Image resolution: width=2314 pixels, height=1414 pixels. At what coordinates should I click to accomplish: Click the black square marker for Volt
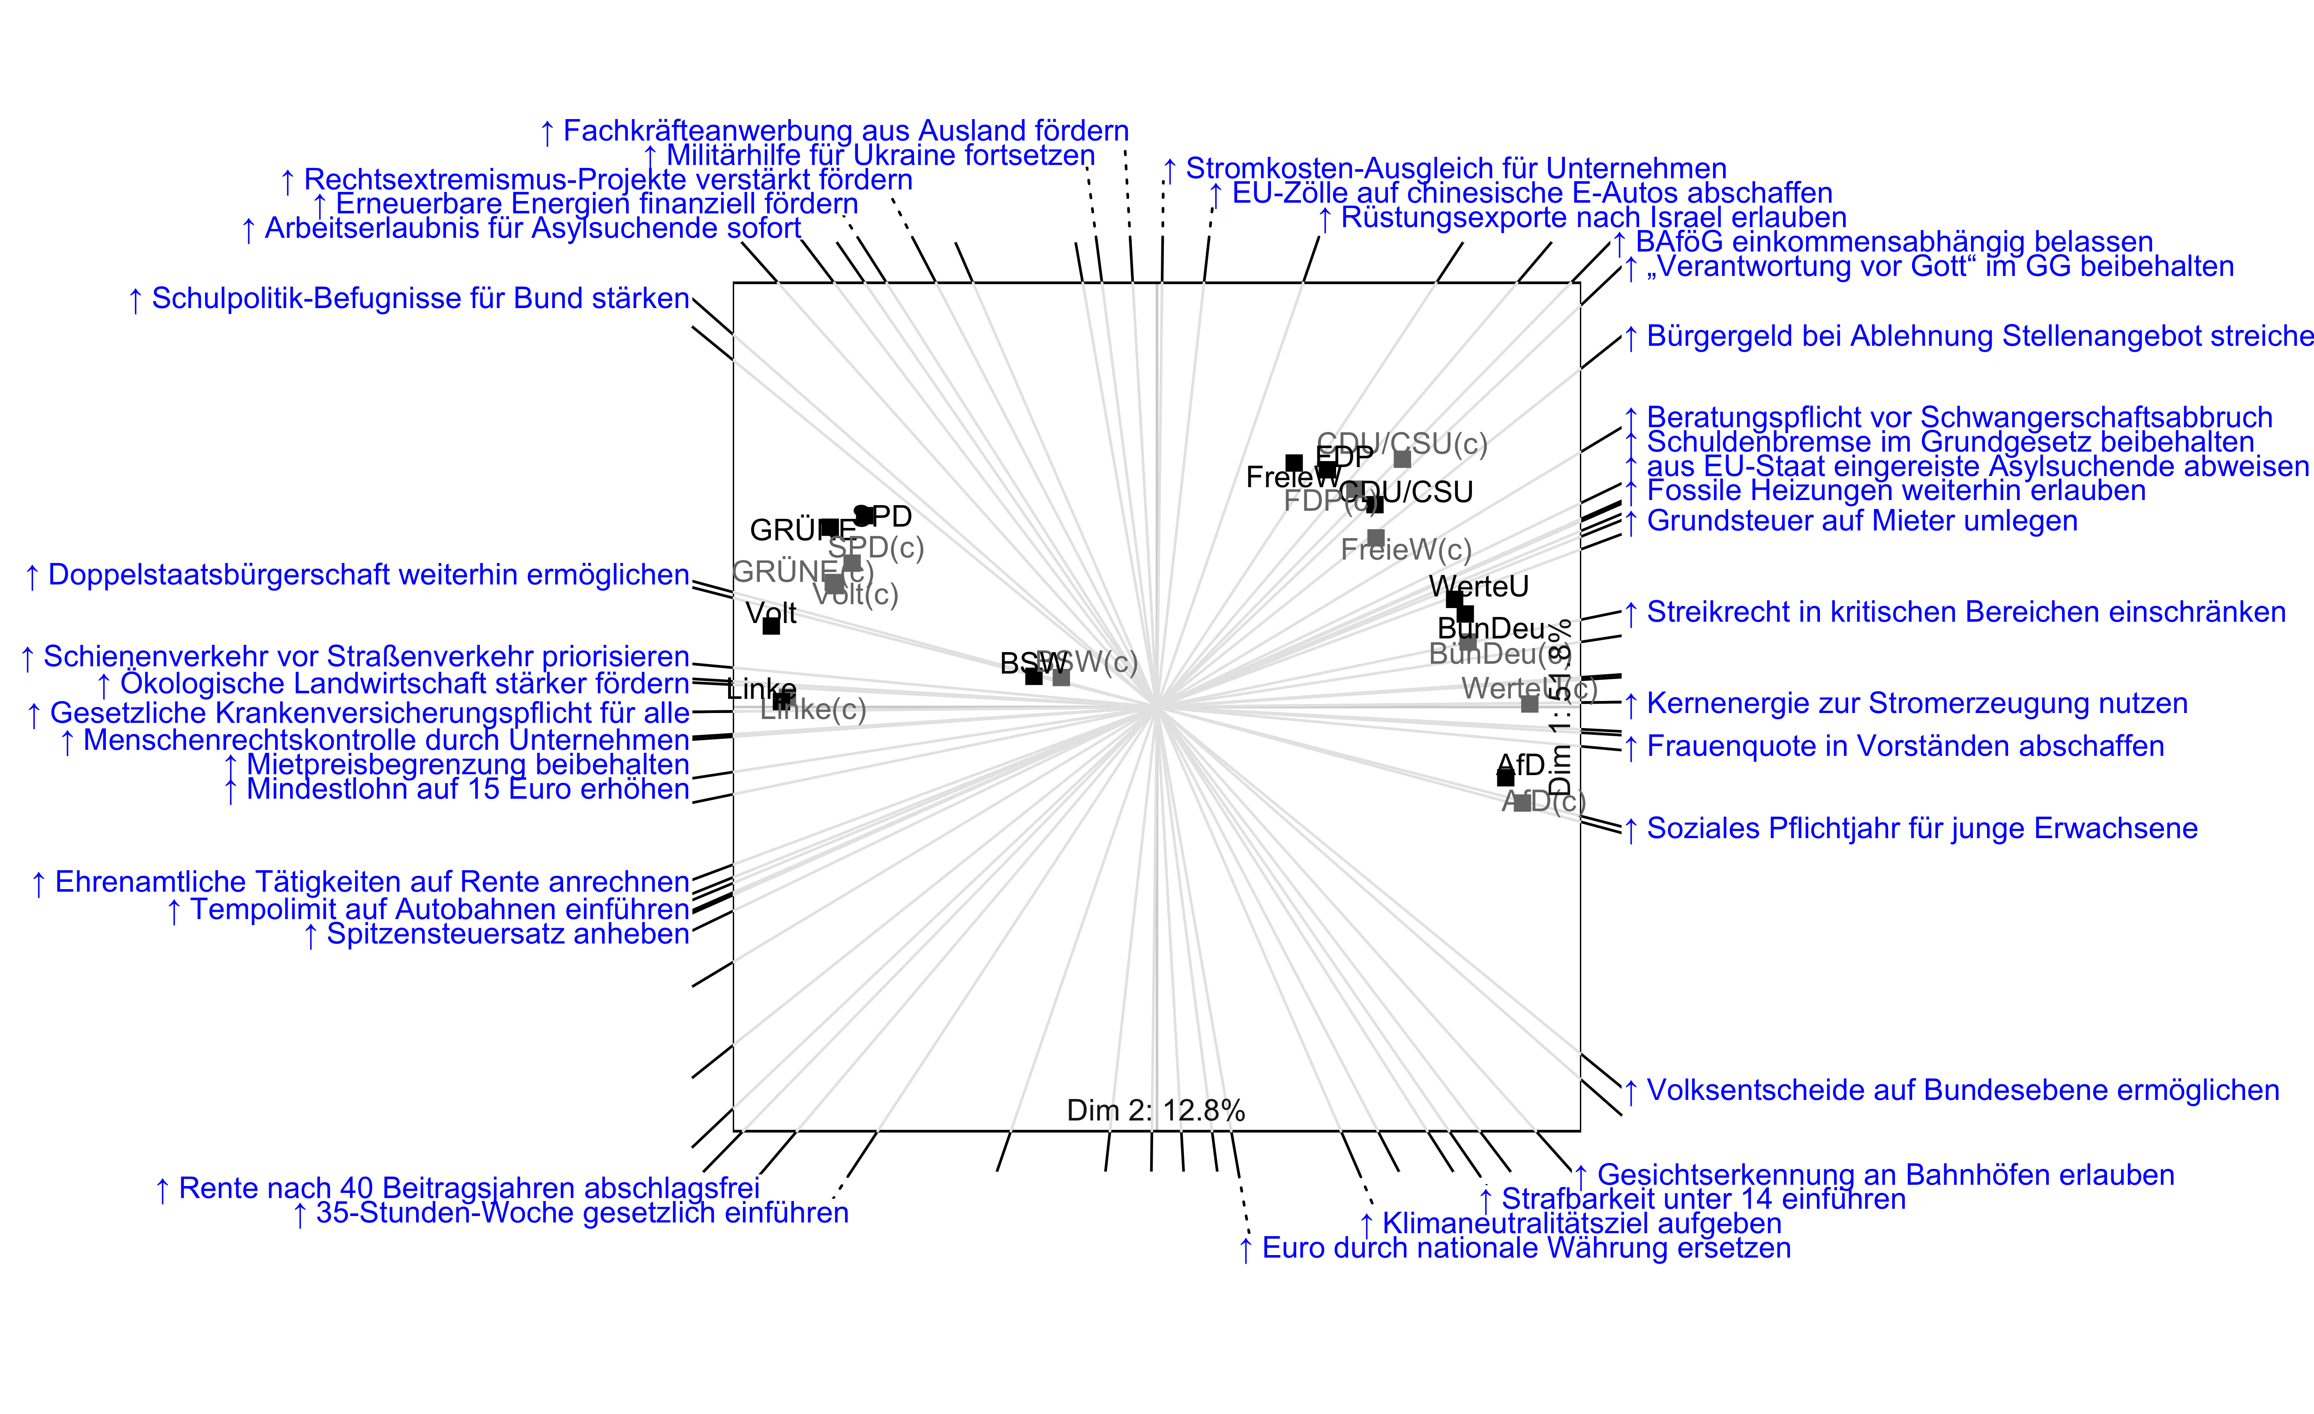(x=771, y=626)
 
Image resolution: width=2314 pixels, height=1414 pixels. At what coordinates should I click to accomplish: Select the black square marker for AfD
(x=1505, y=777)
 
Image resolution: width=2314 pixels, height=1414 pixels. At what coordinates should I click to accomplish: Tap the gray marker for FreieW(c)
(x=1376, y=538)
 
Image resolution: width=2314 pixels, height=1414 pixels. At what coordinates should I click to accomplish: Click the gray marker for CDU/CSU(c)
(x=1402, y=459)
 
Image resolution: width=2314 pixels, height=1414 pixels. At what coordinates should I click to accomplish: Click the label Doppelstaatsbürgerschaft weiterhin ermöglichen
(x=368, y=575)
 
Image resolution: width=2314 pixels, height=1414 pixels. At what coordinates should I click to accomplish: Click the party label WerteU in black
(x=1479, y=587)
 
